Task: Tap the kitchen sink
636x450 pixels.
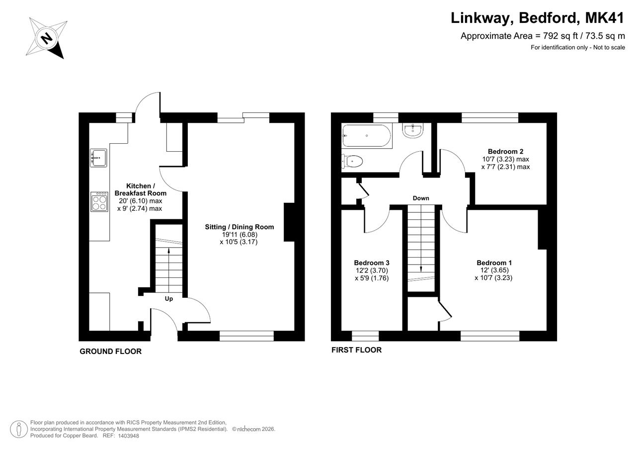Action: pyautogui.click(x=98, y=158)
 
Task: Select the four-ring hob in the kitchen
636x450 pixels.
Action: pyautogui.click(x=99, y=202)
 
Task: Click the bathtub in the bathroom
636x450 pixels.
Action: pyautogui.click(x=366, y=136)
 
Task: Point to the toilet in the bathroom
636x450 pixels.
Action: pyautogui.click(x=352, y=162)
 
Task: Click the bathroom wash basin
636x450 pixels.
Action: pyautogui.click(x=412, y=131)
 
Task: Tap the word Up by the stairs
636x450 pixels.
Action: pyautogui.click(x=168, y=299)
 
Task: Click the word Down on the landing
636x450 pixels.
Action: pyautogui.click(x=421, y=198)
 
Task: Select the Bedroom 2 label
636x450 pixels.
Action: pyautogui.click(x=505, y=152)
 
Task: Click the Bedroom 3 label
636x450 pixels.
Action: pyautogui.click(x=371, y=263)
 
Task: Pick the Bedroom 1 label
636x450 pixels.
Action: pyautogui.click(x=494, y=263)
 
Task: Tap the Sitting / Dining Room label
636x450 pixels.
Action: pyautogui.click(x=239, y=227)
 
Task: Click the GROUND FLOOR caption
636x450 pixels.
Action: pyautogui.click(x=110, y=352)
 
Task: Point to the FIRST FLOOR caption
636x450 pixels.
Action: pyautogui.click(x=356, y=350)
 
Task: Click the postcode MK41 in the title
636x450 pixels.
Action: pyautogui.click(x=605, y=18)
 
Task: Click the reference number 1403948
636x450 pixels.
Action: pyautogui.click(x=128, y=436)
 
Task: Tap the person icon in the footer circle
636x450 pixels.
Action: pyautogui.click(x=19, y=429)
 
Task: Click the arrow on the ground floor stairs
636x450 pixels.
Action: pyautogui.click(x=169, y=270)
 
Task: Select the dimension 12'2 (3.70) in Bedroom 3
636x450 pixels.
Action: pyautogui.click(x=372, y=270)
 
